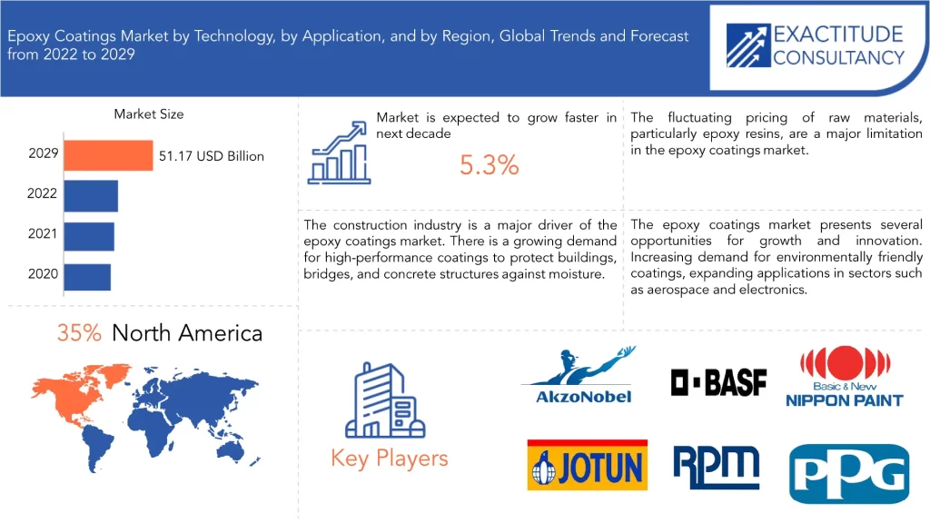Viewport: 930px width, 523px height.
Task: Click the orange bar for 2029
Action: [x=109, y=155]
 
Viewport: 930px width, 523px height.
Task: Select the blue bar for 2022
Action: [x=91, y=196]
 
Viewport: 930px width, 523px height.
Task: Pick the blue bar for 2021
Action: [x=89, y=236]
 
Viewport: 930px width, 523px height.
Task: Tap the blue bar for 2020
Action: [x=87, y=277]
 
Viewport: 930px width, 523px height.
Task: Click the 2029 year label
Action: [x=44, y=153]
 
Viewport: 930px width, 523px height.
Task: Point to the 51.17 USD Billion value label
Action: [x=211, y=156]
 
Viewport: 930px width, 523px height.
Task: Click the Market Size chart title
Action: [x=149, y=113]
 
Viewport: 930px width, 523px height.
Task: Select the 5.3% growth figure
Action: [x=490, y=165]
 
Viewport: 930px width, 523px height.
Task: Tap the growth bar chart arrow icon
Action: [x=339, y=153]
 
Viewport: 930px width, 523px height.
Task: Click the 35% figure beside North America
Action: [x=79, y=332]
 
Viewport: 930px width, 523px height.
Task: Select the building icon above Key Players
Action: [x=385, y=400]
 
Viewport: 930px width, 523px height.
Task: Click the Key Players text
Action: [x=390, y=459]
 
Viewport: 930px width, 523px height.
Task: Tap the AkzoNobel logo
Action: [x=579, y=375]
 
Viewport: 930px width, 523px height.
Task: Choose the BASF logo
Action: [x=718, y=382]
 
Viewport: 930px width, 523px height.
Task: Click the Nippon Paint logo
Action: [x=845, y=377]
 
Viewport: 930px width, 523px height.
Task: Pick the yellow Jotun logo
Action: [x=588, y=465]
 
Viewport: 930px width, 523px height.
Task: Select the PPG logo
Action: [x=849, y=474]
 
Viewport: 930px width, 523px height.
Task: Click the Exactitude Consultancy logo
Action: [x=816, y=45]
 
